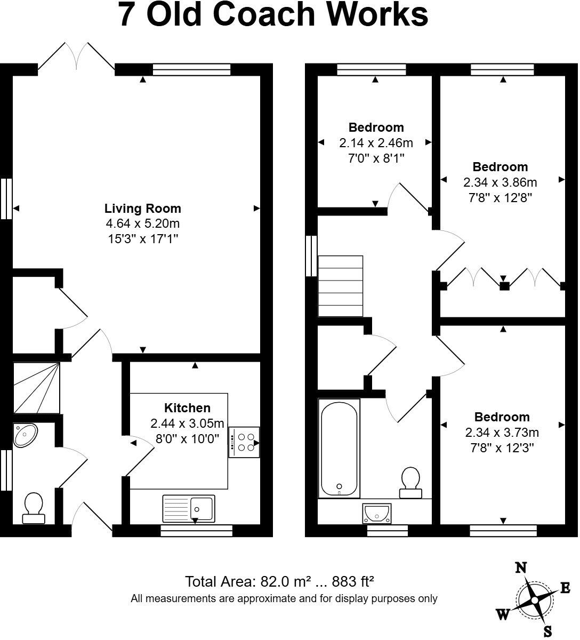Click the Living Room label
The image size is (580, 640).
tap(142, 209)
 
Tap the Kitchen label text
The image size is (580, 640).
tap(187, 408)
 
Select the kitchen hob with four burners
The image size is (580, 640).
tap(244, 442)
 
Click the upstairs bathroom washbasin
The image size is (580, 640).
tap(377, 513)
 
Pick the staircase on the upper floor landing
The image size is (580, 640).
tap(341, 286)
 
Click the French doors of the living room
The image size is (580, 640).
tap(76, 55)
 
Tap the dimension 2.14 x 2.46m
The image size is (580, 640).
tap(376, 143)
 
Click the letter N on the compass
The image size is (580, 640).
tap(521, 567)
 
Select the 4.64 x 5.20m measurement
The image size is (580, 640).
tap(142, 223)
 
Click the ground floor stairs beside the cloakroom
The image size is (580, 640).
tap(36, 388)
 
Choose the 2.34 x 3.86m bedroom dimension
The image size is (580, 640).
tap(500, 182)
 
